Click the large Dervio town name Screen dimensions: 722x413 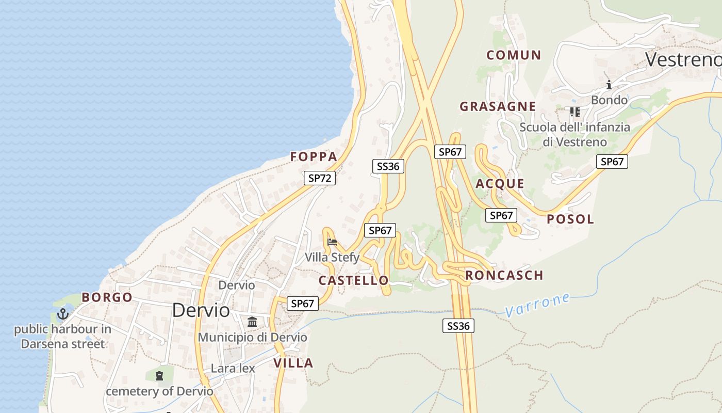pos(201,310)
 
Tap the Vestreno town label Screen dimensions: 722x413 pos(683,60)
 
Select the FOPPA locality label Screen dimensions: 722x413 pos(314,157)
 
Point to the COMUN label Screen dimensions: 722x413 pos(514,55)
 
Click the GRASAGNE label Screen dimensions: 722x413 pos(498,107)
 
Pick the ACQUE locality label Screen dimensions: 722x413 pos(500,184)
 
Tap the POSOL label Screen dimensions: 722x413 pos(570,219)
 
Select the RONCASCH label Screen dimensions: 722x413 pos(504,276)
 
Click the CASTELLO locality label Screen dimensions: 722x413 pos(353,281)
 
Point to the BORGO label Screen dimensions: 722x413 pos(107,298)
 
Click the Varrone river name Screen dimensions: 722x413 pos(538,305)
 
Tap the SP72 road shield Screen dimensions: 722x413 pos(319,178)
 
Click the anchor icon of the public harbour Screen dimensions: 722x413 pos(62,314)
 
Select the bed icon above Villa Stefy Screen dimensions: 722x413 pos(332,242)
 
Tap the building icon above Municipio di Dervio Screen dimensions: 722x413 pos(252,322)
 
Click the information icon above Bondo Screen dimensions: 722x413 pos(609,85)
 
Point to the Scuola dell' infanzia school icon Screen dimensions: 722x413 pos(575,112)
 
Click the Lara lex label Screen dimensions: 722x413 pos(233,369)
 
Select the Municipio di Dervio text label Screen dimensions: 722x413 pos(252,338)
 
